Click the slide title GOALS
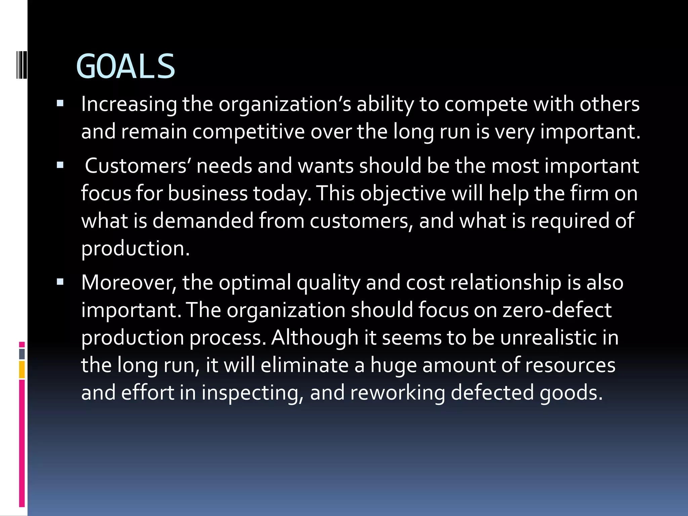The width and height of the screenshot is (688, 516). pos(126,67)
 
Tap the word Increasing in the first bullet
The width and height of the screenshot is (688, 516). pos(129,104)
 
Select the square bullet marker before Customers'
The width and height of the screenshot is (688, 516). pos(60,165)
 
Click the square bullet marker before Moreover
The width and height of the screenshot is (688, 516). pos(60,282)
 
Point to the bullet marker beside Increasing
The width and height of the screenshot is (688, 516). pos(60,103)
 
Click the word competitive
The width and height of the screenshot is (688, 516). pos(248,131)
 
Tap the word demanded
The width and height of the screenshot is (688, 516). pos(203,221)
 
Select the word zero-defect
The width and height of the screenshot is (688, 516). pos(557,310)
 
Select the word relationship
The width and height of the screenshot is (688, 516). pos(506,282)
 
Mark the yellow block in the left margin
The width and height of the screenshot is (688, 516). pos(22,370)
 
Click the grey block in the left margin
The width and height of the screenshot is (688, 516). pos(22,354)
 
